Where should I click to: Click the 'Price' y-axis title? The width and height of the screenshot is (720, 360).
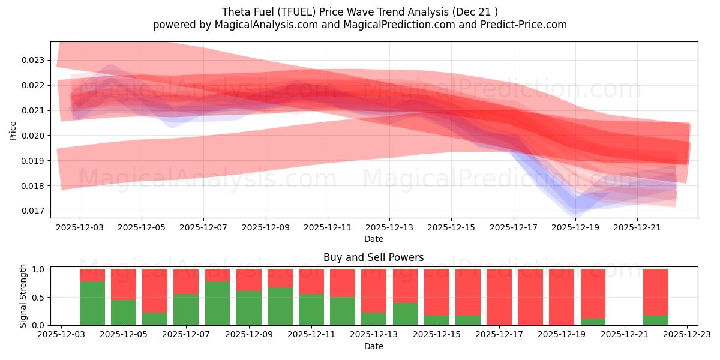pos(13,130)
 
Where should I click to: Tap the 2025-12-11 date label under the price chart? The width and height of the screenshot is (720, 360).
pos(328,228)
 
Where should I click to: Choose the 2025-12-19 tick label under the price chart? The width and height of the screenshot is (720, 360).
pos(575,228)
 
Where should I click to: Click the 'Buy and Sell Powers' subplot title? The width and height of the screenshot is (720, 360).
pos(373,257)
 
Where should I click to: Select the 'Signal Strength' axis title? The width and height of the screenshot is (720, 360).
pos(23,296)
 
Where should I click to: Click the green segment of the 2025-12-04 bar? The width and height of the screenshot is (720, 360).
pos(92,303)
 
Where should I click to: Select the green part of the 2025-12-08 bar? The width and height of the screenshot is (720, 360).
pos(217,303)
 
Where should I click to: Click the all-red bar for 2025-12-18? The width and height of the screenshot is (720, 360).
pos(530,297)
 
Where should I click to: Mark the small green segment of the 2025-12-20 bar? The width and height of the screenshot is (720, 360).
pos(593,322)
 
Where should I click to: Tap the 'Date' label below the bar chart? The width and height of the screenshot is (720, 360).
pos(373,346)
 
